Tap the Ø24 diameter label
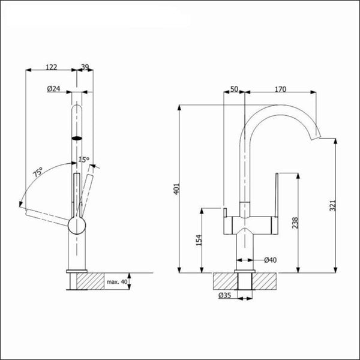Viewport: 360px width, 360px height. (54, 89)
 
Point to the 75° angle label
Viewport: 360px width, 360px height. (37, 175)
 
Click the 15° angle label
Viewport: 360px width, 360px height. (84, 159)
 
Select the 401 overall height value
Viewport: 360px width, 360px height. (176, 190)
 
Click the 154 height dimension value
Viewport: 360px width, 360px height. (198, 240)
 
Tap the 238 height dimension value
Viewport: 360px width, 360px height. (293, 224)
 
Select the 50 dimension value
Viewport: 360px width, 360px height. (235, 89)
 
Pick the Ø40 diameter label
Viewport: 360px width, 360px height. (269, 260)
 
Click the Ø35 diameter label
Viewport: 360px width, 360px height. (226, 295)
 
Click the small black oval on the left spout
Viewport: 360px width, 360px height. (77, 137)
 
